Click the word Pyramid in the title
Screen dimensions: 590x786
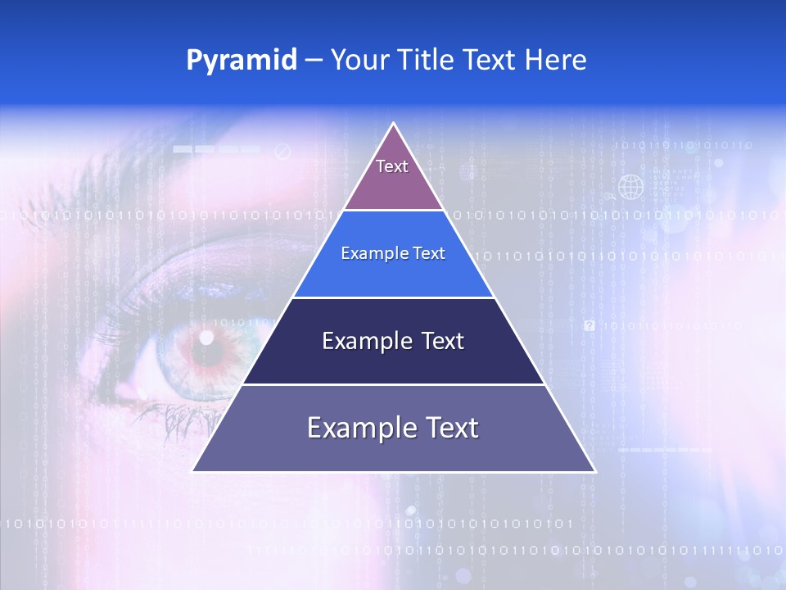[x=242, y=61]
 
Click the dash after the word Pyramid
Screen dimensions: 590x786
[x=314, y=61]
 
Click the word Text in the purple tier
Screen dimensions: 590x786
[x=392, y=166]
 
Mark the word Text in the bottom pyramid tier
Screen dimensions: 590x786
[x=450, y=428]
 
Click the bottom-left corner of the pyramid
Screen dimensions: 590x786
[x=193, y=470]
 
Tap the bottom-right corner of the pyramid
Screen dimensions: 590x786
[x=594, y=470]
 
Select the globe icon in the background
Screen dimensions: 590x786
[x=630, y=188]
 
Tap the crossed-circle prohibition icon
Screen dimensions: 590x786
[x=282, y=151]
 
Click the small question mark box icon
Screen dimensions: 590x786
[x=589, y=325]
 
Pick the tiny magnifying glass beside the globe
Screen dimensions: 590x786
[x=611, y=197]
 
